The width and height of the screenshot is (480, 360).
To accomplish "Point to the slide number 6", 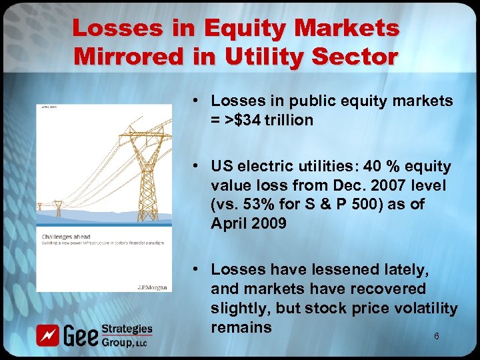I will [x=437, y=337].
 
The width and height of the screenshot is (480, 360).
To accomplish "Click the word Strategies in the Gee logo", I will [x=127, y=329].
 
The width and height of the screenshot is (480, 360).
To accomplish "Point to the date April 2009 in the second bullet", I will [x=249, y=223].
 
